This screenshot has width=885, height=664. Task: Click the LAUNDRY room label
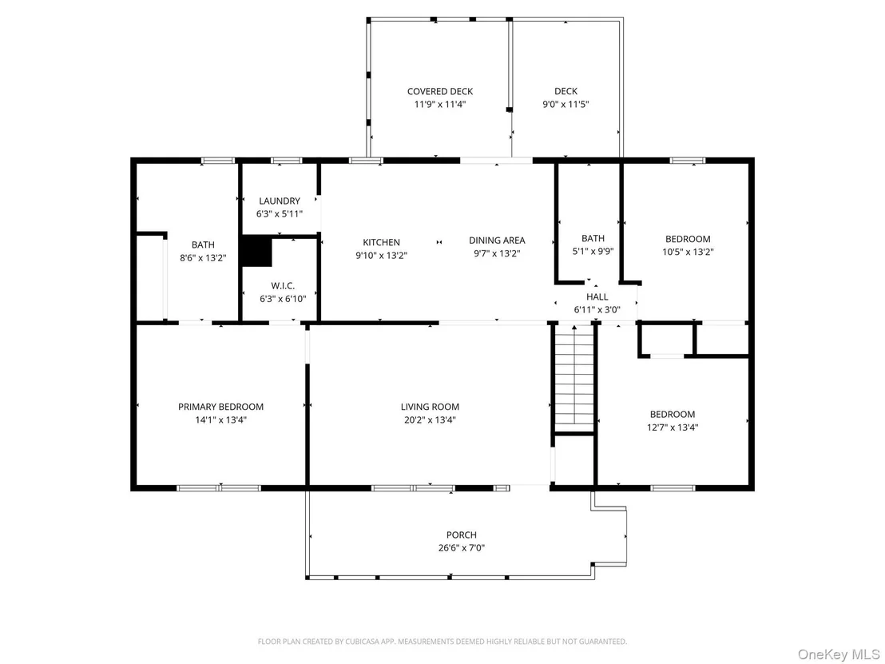[280, 201]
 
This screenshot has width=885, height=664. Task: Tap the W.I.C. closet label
[283, 286]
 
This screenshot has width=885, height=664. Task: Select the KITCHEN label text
[382, 242]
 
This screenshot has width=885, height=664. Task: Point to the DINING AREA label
[497, 241]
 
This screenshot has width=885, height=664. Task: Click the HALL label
[597, 297]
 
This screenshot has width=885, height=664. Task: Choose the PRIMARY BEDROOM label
[220, 407]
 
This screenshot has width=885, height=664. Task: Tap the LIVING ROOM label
[430, 407]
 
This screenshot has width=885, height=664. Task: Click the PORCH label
[461, 535]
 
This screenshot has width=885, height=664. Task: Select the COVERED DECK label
[440, 91]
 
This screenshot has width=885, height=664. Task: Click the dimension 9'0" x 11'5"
[566, 105]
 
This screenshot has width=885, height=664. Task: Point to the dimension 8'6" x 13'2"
[203, 258]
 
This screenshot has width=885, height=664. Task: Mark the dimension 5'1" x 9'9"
[593, 252]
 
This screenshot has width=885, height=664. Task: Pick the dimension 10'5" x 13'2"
[688, 252]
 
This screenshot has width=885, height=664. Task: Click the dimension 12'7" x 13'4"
[673, 427]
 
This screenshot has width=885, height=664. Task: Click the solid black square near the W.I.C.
[257, 252]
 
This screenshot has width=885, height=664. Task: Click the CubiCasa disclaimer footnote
[442, 642]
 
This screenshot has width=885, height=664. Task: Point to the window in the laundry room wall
[286, 161]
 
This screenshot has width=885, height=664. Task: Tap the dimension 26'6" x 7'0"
[461, 547]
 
